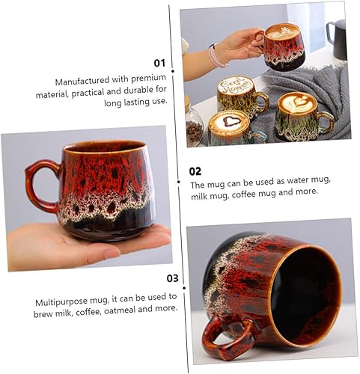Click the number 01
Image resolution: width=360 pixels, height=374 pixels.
click(x=159, y=63)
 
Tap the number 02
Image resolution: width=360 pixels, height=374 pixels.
click(x=195, y=171)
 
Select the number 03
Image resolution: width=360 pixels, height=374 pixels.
click(x=172, y=278)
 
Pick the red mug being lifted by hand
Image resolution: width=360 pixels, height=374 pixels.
click(x=281, y=46)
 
